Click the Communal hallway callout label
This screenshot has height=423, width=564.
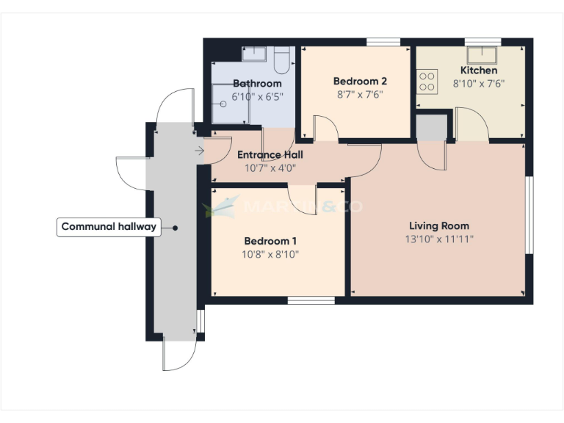point(109,227)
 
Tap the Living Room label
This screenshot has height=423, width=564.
point(438,225)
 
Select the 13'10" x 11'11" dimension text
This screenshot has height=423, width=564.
point(438,239)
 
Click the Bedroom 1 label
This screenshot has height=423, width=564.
point(270,241)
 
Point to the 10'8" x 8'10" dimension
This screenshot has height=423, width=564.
point(270,254)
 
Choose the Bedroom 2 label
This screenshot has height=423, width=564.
point(360,82)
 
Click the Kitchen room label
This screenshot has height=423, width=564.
point(478,70)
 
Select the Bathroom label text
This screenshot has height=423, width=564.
point(257,84)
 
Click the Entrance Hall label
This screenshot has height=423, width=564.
point(270,155)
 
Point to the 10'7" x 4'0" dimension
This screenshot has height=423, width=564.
point(270,168)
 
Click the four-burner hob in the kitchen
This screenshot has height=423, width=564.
point(427,81)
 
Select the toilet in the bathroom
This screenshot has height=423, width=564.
point(282,57)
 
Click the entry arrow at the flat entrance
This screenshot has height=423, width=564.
point(200,151)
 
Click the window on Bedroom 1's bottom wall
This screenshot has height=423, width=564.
point(311,300)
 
